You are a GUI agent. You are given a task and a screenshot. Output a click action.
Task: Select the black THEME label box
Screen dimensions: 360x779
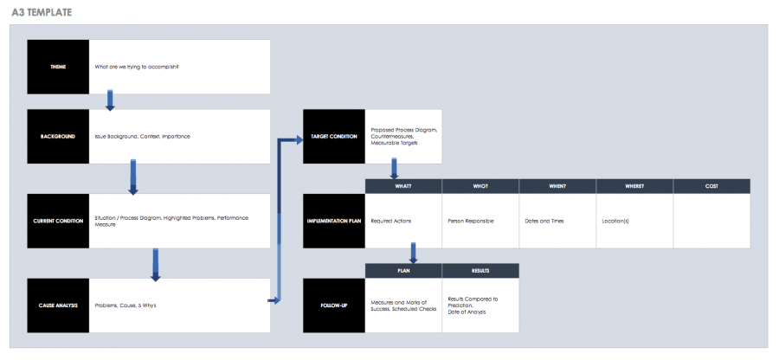[x=58, y=67]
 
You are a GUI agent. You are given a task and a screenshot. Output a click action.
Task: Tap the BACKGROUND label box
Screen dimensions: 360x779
[x=58, y=137]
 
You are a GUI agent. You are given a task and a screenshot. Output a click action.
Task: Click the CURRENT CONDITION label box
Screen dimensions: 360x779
[x=58, y=221]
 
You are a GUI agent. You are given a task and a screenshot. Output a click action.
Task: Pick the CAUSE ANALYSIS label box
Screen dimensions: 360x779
[x=58, y=305]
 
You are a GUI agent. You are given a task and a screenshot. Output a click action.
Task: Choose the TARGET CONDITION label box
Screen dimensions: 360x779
[x=333, y=137]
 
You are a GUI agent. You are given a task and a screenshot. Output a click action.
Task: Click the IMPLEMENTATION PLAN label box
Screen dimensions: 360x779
[x=333, y=221]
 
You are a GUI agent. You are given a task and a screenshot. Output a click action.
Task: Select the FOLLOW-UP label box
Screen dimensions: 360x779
[x=333, y=305]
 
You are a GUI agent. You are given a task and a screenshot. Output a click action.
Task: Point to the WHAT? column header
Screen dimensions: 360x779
[x=403, y=186]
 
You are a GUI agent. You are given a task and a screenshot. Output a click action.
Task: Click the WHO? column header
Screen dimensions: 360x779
[x=480, y=186]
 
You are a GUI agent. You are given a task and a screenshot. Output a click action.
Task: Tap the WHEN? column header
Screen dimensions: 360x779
[x=557, y=186]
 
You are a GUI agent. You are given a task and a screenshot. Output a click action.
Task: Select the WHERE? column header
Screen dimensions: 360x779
[x=634, y=186]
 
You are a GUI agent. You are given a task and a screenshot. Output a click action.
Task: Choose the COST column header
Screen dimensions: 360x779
[x=711, y=186]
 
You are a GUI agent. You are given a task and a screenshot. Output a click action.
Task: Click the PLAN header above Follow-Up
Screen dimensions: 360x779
[x=403, y=271]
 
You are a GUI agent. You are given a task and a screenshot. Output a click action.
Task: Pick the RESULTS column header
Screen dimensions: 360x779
[x=480, y=271]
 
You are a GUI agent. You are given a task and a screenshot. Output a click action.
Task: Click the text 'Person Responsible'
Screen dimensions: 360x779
[x=471, y=222]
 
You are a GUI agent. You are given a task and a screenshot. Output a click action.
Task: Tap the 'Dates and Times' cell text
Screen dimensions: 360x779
[x=544, y=222]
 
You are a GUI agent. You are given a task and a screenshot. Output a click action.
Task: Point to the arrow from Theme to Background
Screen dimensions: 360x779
[x=110, y=100]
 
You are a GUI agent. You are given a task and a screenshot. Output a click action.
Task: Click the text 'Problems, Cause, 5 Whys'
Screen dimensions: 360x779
[x=126, y=305]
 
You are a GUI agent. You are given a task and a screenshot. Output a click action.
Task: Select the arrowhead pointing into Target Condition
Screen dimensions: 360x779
[x=296, y=137]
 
